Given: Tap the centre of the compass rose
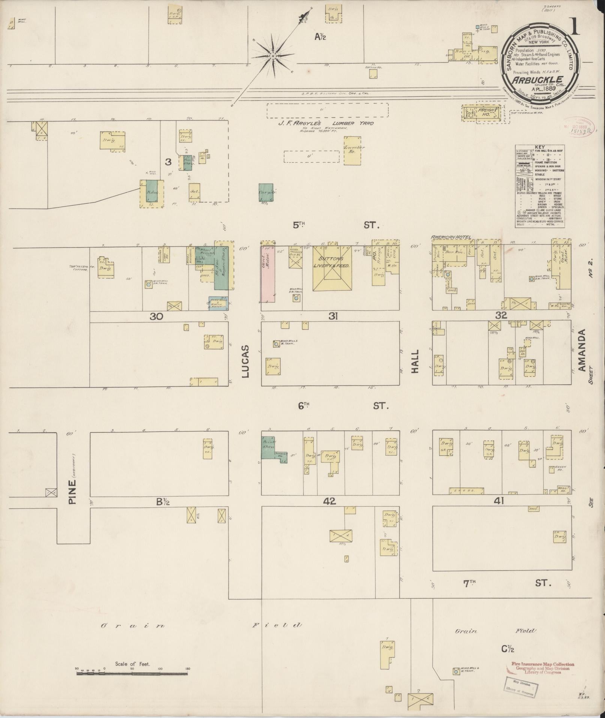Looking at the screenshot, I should coord(273,56).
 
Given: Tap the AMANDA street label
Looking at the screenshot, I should coord(582,350).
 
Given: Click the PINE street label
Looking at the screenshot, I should coord(73,489).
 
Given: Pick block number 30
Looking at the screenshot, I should coord(156,316).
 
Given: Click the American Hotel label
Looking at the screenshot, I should coord(451,237).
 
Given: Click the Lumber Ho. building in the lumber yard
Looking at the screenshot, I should coord(354,150).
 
